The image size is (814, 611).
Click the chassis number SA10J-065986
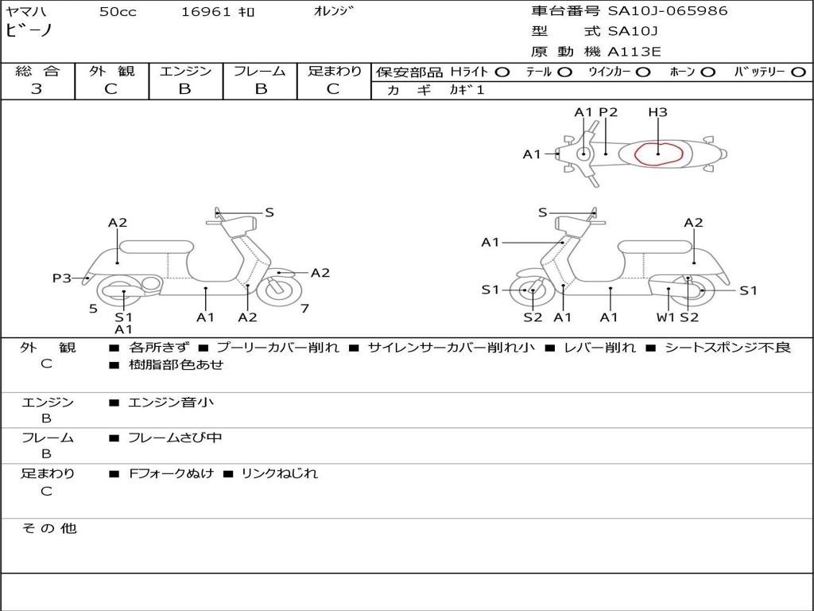pyautogui.click(x=668, y=11)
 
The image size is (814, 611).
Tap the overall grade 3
pyautogui.click(x=37, y=89)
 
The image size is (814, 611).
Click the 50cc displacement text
pyautogui.click(x=118, y=12)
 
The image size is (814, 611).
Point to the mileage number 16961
pyautogui.click(x=205, y=12)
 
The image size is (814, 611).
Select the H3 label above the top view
pyautogui.click(x=657, y=111)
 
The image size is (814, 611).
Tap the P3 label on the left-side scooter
pyautogui.click(x=62, y=278)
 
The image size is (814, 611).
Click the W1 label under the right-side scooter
pyautogui.click(x=665, y=317)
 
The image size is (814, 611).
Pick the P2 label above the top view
pyautogui.click(x=608, y=111)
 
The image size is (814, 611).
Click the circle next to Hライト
pyautogui.click(x=502, y=72)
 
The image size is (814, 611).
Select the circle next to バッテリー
pyautogui.click(x=798, y=72)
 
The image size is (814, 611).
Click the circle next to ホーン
pyautogui.click(x=708, y=72)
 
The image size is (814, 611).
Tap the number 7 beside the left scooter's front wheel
pyautogui.click(x=304, y=309)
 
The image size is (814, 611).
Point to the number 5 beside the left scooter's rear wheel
pyautogui.click(x=93, y=309)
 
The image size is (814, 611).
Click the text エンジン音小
pyautogui.click(x=171, y=402)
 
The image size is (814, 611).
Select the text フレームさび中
pyautogui.click(x=175, y=438)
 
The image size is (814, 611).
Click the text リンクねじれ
pyautogui.click(x=279, y=473)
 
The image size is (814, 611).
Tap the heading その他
pyautogui.click(x=49, y=528)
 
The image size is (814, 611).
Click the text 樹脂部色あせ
pyautogui.click(x=176, y=364)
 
